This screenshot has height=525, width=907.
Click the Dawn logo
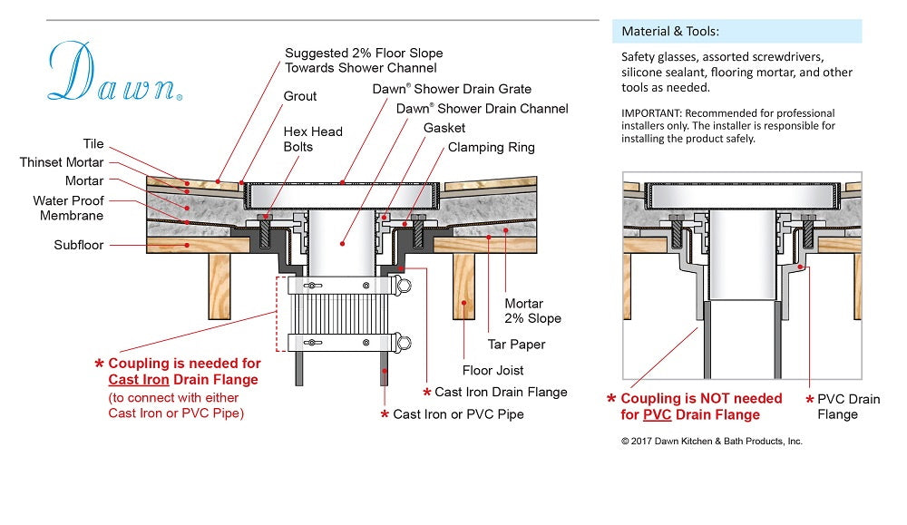click(x=113, y=73)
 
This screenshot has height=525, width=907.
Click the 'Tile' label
click(x=93, y=145)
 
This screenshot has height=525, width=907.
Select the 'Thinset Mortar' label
click(x=62, y=162)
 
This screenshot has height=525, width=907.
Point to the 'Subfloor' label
click(x=79, y=245)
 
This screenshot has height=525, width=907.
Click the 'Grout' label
click(x=300, y=96)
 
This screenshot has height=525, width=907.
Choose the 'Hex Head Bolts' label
click(x=313, y=139)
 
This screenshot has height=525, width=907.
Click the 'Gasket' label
click(x=444, y=128)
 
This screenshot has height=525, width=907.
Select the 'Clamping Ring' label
click(x=491, y=147)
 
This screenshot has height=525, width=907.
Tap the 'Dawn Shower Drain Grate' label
click(x=452, y=89)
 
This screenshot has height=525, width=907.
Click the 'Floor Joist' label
click(x=493, y=370)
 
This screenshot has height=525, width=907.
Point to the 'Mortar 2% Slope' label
click(x=532, y=311)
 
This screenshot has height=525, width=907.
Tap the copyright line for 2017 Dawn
click(x=711, y=441)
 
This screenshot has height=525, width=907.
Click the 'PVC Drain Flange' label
click(x=849, y=407)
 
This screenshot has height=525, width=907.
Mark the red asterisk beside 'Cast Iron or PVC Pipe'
click(x=385, y=414)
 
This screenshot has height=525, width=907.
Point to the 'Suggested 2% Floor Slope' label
click(x=361, y=61)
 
